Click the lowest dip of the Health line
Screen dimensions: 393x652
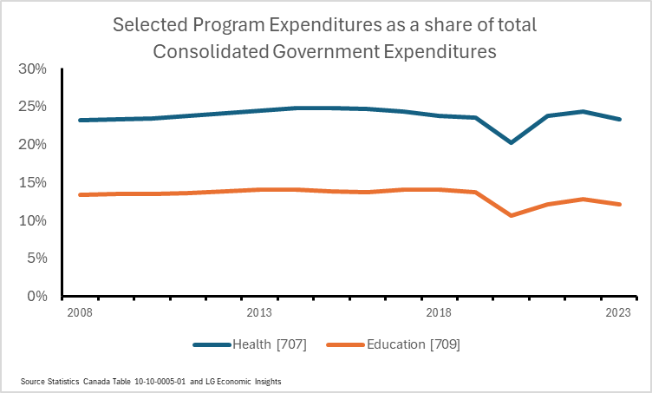511,142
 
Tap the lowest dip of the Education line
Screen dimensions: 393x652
511,215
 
